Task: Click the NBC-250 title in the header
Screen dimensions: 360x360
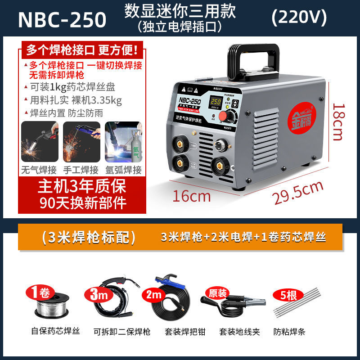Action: (x=63, y=19)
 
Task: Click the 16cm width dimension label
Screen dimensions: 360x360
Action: (x=192, y=196)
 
